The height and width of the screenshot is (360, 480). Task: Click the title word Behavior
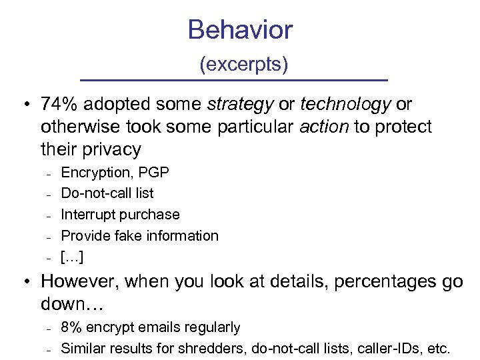point(240,30)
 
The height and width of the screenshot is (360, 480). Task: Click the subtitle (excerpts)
point(244,65)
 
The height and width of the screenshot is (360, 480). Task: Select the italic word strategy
point(241,105)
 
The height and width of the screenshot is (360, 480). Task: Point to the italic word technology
point(345,105)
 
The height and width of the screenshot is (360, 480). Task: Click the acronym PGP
point(155,173)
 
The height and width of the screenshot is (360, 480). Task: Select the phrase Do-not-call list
point(107,193)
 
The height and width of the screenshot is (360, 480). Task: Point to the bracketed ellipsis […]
point(72,257)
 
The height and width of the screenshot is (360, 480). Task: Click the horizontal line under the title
point(233,81)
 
